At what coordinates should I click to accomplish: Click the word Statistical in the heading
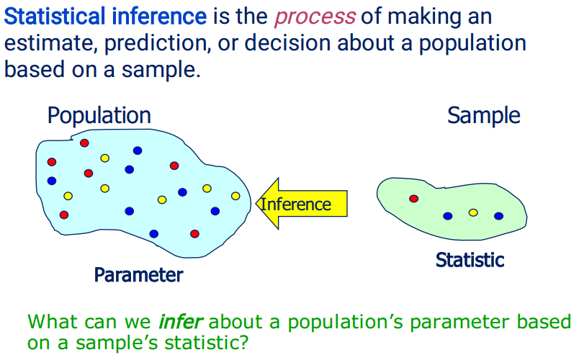point(55,17)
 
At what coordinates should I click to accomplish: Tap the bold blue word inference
point(159,17)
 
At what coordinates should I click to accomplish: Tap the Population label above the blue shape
point(99,116)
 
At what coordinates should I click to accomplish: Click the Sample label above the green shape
point(484,116)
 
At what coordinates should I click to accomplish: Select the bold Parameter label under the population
point(138,275)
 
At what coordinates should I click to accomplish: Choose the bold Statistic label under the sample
point(470,260)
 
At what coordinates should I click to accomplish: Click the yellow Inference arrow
point(302,204)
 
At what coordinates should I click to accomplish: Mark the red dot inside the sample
point(414,199)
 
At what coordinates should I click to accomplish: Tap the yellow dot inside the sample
point(473,212)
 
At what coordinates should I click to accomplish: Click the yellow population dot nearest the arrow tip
point(235,196)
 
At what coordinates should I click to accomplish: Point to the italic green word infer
point(180,321)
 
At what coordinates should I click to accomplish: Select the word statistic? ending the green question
point(207,343)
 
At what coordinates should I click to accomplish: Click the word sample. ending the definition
point(161,70)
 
